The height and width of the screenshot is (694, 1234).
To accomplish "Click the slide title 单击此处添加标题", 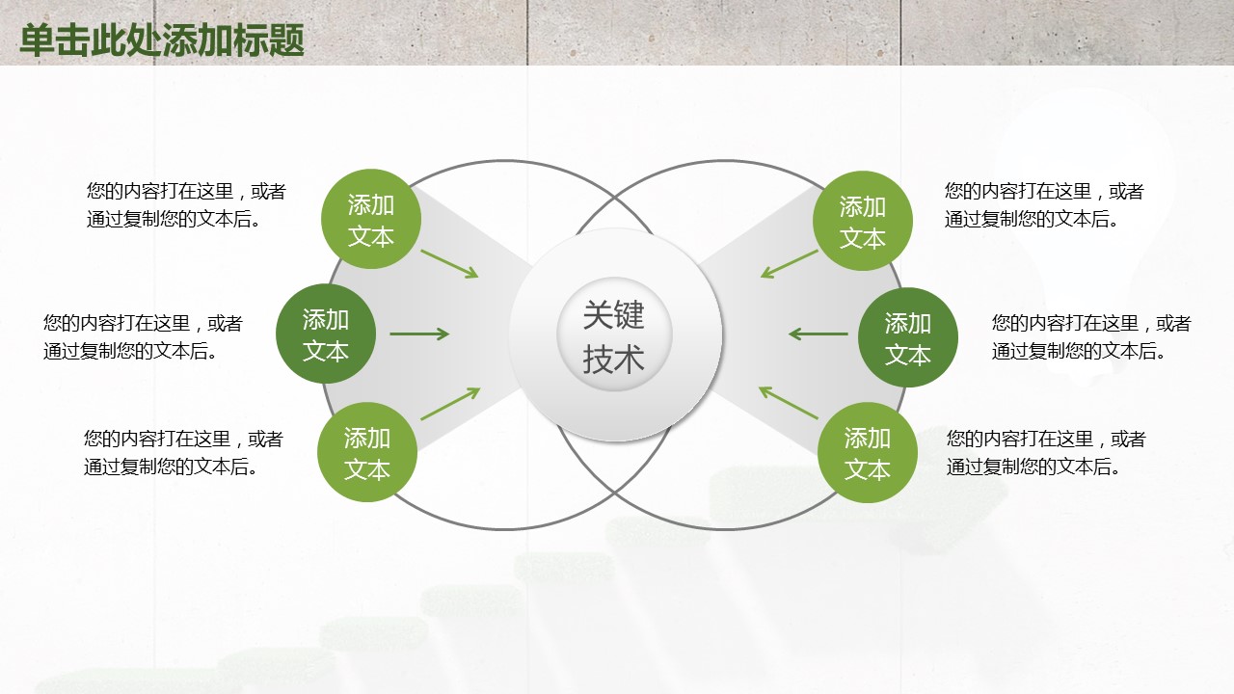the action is pos(162,40).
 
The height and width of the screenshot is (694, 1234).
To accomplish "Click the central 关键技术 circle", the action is pos(615,334).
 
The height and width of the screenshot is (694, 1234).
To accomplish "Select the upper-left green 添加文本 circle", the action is pos(371,219).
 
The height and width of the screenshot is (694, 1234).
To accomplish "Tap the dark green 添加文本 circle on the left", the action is pos(326,334).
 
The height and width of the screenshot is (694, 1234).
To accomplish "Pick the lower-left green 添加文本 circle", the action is pos(367,452).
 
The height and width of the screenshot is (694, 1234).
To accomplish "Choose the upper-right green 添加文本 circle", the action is pos(863,221).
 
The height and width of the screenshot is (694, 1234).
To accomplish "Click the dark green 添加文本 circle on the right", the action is pos(908,337).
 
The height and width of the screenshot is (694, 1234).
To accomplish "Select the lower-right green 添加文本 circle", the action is pos(868,453).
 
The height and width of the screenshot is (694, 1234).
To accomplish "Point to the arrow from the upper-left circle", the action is pos(449,264).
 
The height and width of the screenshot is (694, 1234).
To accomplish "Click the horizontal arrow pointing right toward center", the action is pos(419,334).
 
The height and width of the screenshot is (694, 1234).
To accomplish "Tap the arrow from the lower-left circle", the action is pos(450,403).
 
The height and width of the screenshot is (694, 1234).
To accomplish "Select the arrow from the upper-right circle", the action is pos(789,264).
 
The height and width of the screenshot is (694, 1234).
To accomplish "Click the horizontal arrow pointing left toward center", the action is pos(818,334).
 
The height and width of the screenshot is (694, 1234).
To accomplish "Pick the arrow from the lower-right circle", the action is pos(789,403).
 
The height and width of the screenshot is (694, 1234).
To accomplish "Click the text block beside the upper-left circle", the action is pos(186,205).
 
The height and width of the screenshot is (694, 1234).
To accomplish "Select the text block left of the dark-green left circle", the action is pos(143,336).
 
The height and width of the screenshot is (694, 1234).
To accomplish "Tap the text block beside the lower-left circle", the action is pos(183,453).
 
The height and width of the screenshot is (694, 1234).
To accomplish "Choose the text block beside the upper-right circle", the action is pos(1044,205).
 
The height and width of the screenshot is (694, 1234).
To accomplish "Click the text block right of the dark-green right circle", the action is pos(1092,336).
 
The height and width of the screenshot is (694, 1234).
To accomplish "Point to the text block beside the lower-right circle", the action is pos(1047,453).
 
